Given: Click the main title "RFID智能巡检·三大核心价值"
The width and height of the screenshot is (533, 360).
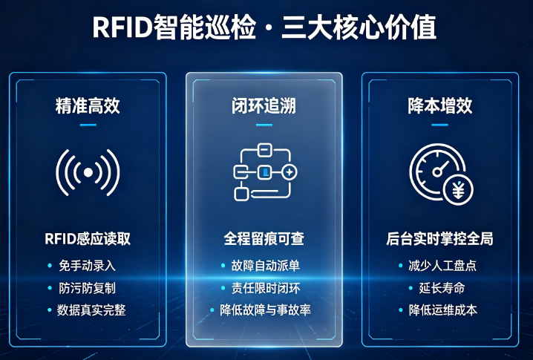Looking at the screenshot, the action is pyautogui.click(x=264, y=27).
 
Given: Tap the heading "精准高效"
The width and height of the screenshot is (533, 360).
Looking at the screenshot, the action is pyautogui.click(x=88, y=105).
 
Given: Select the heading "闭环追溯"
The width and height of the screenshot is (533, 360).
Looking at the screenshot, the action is pyautogui.click(x=264, y=105).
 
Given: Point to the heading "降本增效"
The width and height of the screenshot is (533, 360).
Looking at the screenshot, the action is pyautogui.click(x=440, y=105).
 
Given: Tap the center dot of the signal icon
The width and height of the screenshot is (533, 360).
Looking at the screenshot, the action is pyautogui.click(x=88, y=173).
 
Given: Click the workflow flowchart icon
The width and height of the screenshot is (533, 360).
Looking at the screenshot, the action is pyautogui.click(x=265, y=172).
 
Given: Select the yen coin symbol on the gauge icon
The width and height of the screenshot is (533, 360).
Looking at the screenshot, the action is pyautogui.click(x=458, y=191).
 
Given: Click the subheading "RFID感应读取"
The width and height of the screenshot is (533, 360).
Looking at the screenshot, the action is pyautogui.click(x=88, y=239).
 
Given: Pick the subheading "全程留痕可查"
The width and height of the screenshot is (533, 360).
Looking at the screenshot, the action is pyautogui.click(x=264, y=239).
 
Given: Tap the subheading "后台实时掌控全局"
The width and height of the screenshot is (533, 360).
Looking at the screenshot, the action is pyautogui.click(x=439, y=239).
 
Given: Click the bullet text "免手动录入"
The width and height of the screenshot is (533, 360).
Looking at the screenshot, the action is pyautogui.click(x=87, y=266).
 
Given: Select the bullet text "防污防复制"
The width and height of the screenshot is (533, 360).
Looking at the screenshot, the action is pyautogui.click(x=87, y=288).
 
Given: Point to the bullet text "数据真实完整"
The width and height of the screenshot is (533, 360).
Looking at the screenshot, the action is pyautogui.click(x=91, y=310).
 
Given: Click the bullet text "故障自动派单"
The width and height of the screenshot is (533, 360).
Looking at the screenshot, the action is pyautogui.click(x=266, y=266).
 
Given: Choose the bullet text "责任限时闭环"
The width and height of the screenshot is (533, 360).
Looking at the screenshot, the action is pyautogui.click(x=266, y=288).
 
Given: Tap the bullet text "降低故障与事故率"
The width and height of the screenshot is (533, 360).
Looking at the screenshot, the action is pyautogui.click(x=265, y=310).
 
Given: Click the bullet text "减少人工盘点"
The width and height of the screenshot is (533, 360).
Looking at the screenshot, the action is pyautogui.click(x=442, y=266).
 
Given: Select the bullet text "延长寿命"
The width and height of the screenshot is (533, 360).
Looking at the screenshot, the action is pyautogui.click(x=442, y=288).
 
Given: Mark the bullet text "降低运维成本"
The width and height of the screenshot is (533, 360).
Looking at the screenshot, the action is pyautogui.click(x=443, y=310).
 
